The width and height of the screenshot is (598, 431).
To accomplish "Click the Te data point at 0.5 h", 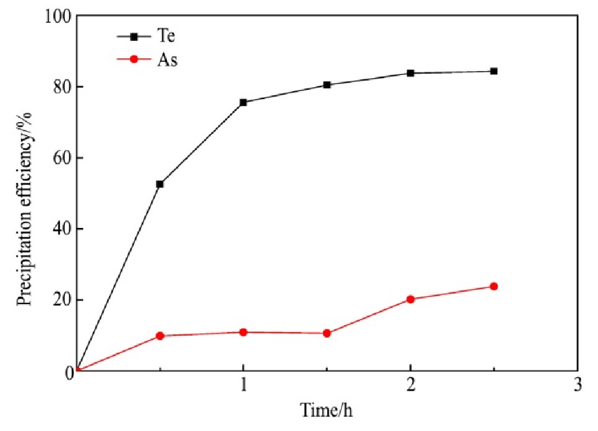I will click(x=160, y=184).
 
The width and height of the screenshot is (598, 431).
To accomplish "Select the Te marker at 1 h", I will click(x=243, y=102).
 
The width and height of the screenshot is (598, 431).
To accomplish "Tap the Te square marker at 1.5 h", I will click(x=327, y=85).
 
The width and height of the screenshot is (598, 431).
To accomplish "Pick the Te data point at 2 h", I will click(x=410, y=73).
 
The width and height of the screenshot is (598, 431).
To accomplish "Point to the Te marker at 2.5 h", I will click(x=494, y=71).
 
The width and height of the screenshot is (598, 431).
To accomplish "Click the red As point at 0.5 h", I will click(x=160, y=336).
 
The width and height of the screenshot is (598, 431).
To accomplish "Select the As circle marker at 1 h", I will click(x=243, y=333).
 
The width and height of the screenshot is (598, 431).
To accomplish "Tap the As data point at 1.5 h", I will click(x=327, y=333).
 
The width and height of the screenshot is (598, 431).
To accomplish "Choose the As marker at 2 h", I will click(x=410, y=299).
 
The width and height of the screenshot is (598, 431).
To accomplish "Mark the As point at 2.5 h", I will click(x=494, y=286).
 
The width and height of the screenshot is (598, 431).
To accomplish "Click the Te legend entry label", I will click(x=165, y=37).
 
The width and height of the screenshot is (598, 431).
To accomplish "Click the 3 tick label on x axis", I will click(x=578, y=385).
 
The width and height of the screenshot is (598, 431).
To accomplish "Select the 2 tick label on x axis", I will click(x=410, y=385).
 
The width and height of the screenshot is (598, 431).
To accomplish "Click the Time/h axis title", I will click(x=327, y=411).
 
